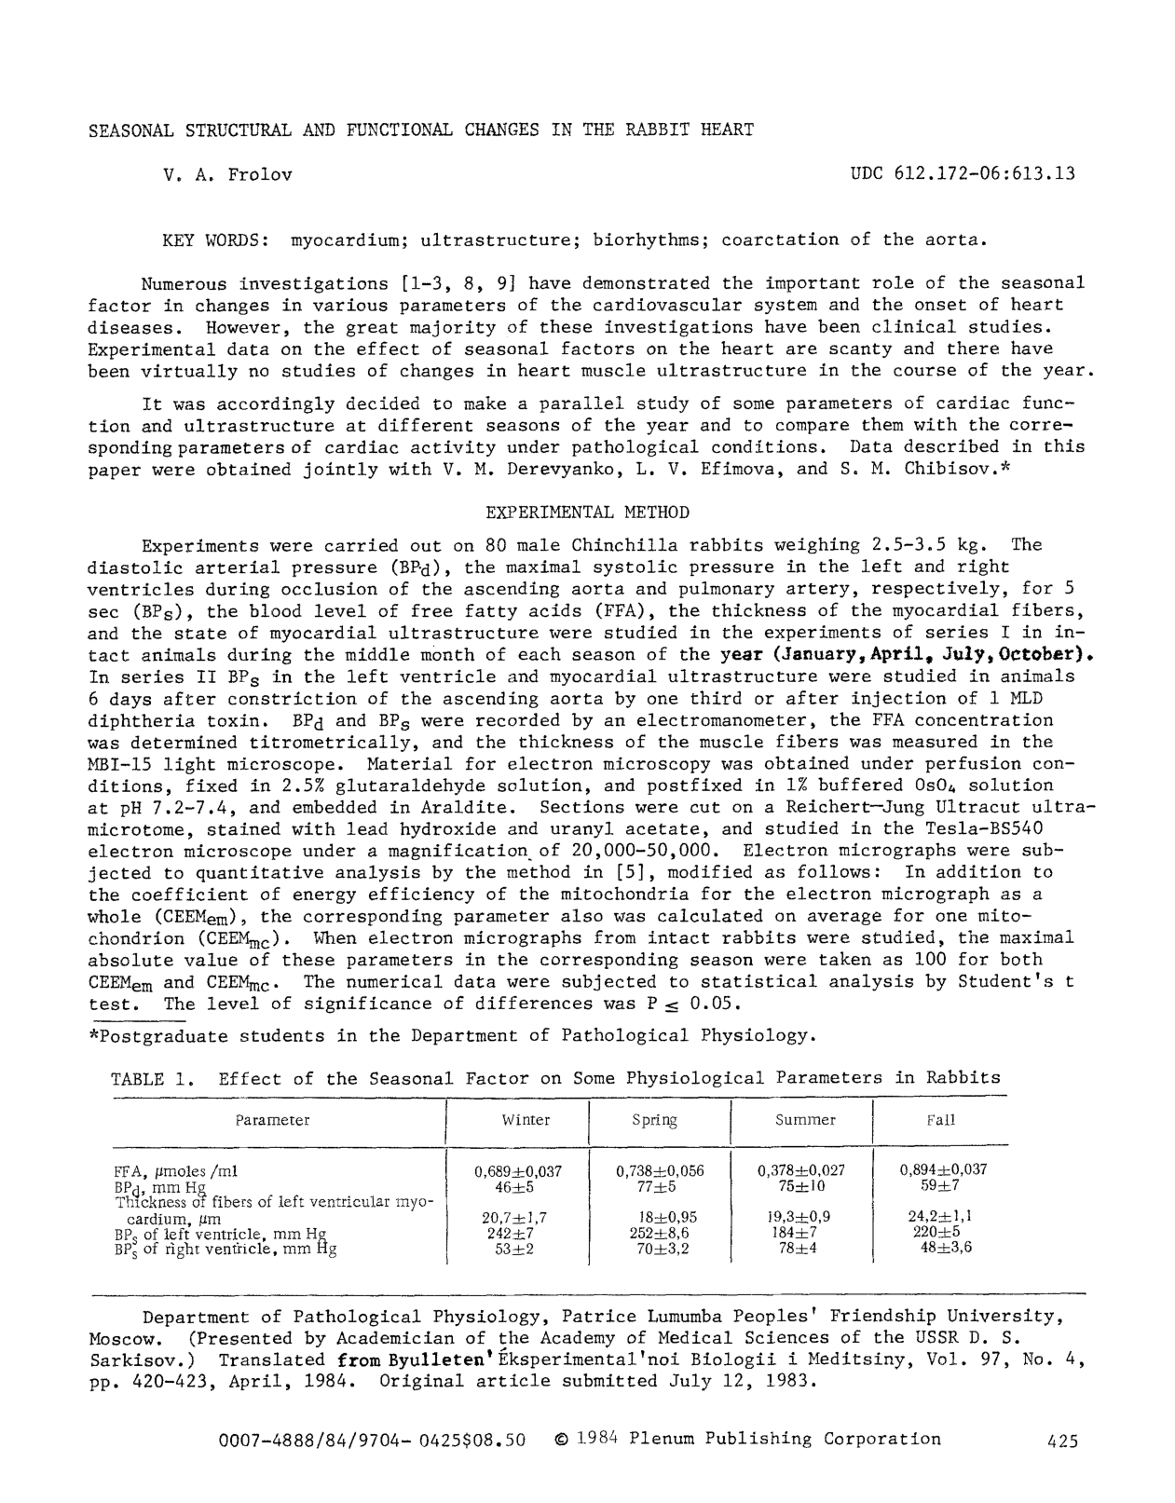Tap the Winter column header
[x=526, y=1120]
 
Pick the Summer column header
[x=805, y=1120]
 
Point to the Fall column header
[x=940, y=1120]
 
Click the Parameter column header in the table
[x=272, y=1120]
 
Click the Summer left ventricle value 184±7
[x=797, y=1234]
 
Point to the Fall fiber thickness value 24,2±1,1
[x=940, y=1217]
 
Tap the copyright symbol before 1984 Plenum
[x=560, y=1440]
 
